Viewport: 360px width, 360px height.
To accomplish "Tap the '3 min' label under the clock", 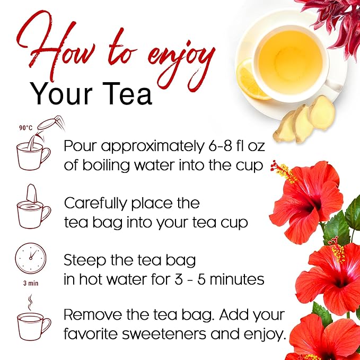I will tap(30, 283).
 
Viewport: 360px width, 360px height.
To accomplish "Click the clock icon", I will tap(30, 259).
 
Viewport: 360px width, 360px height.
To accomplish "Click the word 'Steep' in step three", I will tap(84, 260).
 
